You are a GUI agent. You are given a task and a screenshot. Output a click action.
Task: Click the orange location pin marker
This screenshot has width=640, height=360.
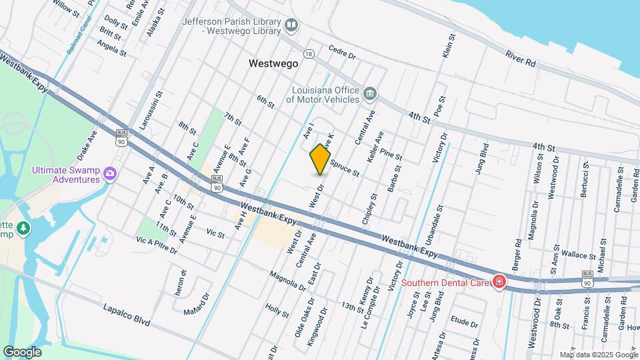tap(320, 159)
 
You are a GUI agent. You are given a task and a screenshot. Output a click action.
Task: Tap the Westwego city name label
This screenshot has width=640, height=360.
tap(273, 64)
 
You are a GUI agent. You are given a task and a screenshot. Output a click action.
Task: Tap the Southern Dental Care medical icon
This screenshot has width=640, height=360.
tap(497, 283)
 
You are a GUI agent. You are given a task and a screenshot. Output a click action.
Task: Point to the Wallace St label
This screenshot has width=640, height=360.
tap(559, 255)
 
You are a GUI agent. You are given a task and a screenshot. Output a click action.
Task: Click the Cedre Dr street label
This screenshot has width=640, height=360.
tap(342, 52)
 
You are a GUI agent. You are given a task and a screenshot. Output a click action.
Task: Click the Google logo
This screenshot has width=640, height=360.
tap(22, 351)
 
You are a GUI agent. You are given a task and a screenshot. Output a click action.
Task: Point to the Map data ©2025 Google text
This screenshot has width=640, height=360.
tap(598, 355)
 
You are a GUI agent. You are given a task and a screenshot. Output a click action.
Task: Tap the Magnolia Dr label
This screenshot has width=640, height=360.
tap(287, 281)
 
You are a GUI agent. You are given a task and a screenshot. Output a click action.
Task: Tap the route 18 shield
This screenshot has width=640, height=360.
tap(308, 53)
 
